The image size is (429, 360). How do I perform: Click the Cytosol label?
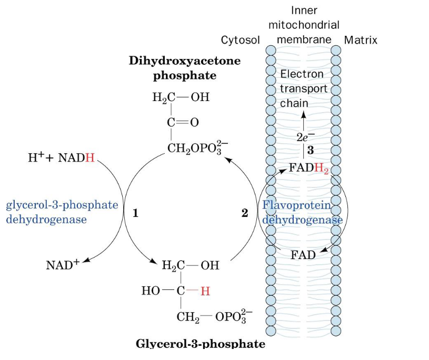tap(241, 41)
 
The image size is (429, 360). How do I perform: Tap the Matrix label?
tap(361, 41)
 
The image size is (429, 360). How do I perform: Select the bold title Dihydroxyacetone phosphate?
tap(185, 68)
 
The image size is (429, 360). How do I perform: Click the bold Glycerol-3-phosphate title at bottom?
tap(201, 344)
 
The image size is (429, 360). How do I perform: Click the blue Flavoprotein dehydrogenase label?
tap(302, 213)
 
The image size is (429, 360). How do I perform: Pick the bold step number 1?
tap(135, 213)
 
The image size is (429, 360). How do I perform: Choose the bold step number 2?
tap(244, 213)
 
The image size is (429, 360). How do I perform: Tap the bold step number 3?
tap(311, 150)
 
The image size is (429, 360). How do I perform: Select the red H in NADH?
tap(90, 157)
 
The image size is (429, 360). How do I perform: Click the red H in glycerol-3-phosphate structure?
tap(205, 291)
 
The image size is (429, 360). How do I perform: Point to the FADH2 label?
tap(309, 168)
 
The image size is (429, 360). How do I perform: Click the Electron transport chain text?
tap(303, 88)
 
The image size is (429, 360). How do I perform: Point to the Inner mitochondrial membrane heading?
tap(304, 25)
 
